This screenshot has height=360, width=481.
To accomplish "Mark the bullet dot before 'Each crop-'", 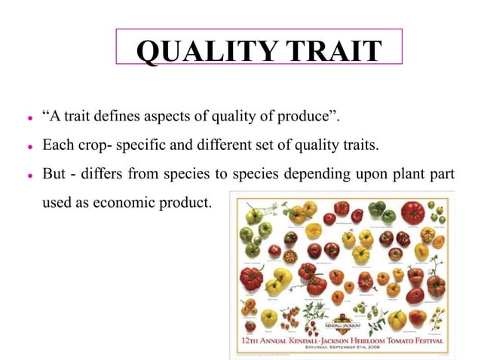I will click(29, 145).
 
